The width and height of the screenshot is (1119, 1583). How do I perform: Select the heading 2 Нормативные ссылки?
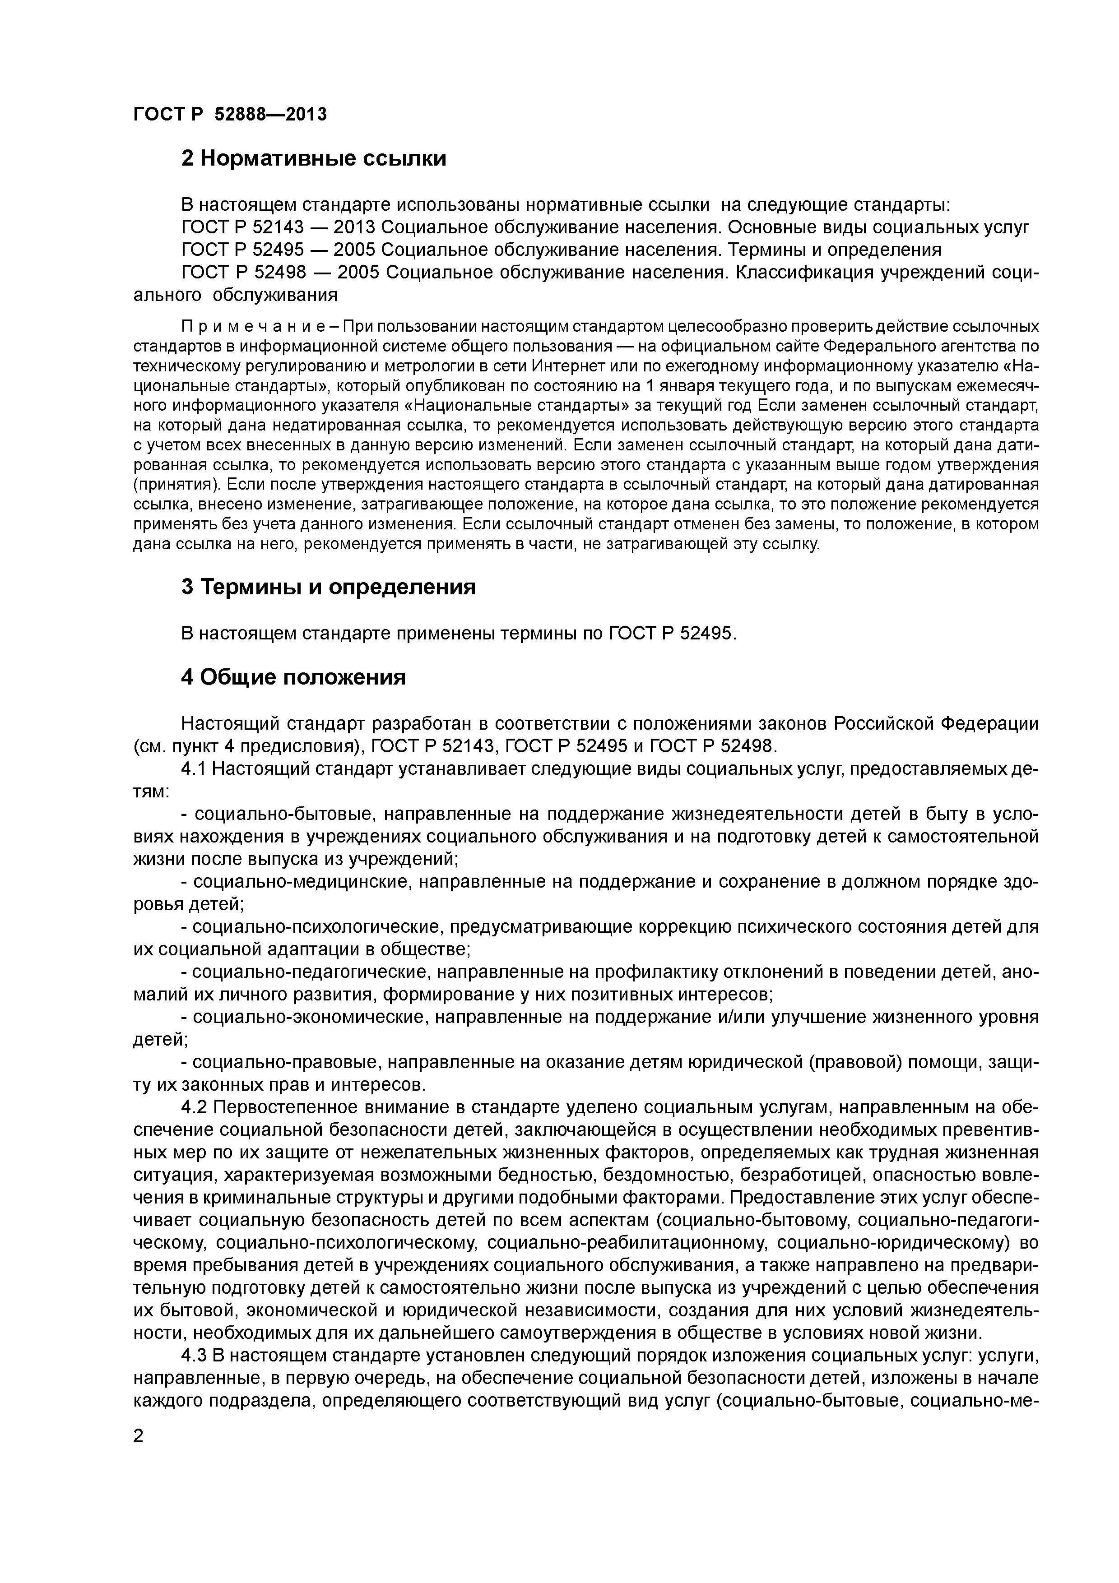pyautogui.click(x=314, y=158)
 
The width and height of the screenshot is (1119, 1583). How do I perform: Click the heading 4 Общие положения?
pyautogui.click(x=293, y=678)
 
